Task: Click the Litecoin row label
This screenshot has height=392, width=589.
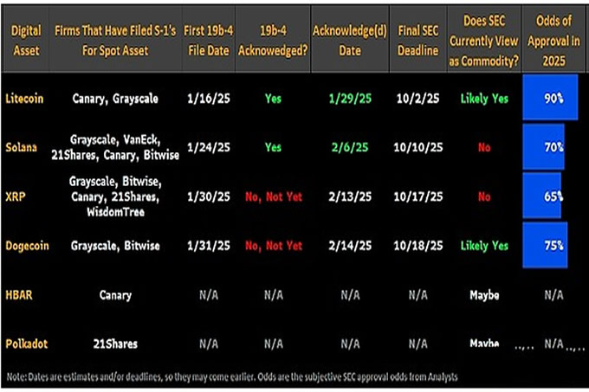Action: click(25, 99)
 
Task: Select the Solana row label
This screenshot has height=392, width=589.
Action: click(23, 147)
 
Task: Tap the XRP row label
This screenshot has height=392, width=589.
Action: click(15, 196)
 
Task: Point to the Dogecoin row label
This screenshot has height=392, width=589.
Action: click(27, 246)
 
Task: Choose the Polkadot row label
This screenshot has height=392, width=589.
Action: click(26, 344)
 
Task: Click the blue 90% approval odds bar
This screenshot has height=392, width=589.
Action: click(544, 100)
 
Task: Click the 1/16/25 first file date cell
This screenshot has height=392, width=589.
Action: click(208, 99)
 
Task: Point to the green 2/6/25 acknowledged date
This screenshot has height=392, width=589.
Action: click(350, 148)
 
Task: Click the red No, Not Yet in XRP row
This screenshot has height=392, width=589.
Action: click(273, 196)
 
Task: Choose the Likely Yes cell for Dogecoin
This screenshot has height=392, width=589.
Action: click(485, 246)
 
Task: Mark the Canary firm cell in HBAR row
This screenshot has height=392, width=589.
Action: click(115, 295)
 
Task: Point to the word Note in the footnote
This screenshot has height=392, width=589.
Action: click(16, 376)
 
